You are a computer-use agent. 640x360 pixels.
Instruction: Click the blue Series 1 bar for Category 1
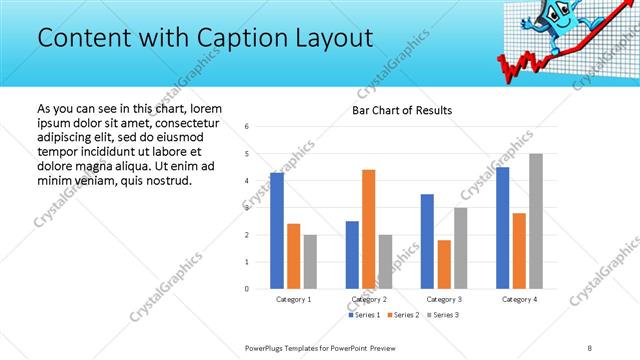point(277,231)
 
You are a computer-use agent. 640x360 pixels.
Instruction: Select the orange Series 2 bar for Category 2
point(369,229)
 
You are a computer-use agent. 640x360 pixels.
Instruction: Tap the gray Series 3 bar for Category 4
point(536,221)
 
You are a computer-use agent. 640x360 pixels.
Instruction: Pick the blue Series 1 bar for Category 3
point(427,241)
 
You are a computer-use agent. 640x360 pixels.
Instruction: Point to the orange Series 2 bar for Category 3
point(444,264)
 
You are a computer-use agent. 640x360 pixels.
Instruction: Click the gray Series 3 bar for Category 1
point(310,262)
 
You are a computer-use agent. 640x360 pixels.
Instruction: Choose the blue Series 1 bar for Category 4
point(502,228)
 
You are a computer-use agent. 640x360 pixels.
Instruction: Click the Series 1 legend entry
point(364,315)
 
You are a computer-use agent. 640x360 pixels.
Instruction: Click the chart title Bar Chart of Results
point(402,110)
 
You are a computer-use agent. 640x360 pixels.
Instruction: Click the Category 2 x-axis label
point(369,299)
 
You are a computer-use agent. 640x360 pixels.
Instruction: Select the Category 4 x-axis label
point(519,299)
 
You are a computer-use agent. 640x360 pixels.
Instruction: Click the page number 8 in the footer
point(590,347)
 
